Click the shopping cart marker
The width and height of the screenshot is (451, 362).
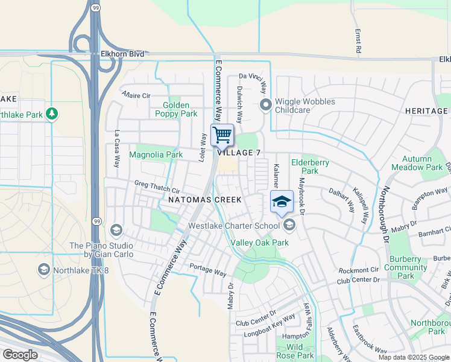coord(222,135)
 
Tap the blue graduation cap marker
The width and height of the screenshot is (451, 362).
coord(281,202)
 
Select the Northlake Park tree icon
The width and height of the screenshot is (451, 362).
coord(52,114)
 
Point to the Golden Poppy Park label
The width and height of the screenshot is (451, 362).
coord(176,109)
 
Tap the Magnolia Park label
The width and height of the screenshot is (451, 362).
coord(156,154)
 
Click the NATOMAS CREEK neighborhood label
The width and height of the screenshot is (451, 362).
coord(205,199)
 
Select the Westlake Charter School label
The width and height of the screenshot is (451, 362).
coord(234,226)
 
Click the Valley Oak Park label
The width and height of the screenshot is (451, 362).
coord(260,243)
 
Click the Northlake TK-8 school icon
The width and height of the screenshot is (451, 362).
coord(43,270)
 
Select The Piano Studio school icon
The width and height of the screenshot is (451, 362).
coord(116,229)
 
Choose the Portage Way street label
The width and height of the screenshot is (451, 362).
coord(208,270)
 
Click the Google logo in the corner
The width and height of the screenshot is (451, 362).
coord(20,355)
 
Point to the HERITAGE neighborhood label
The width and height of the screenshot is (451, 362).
coord(426,111)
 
